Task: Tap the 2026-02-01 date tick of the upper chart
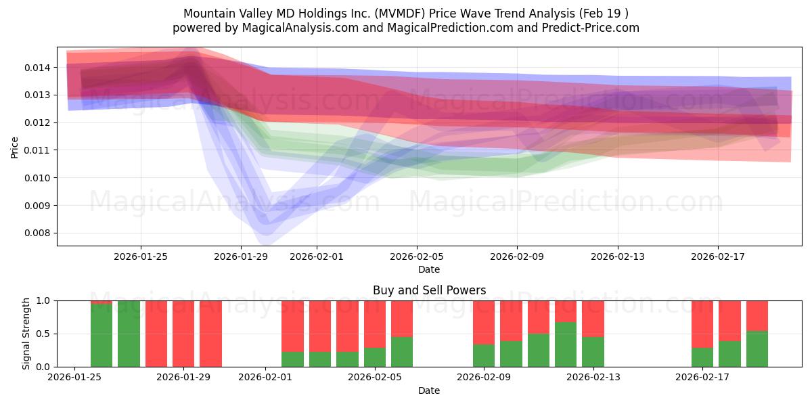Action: click(316, 256)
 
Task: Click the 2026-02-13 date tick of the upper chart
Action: click(617, 256)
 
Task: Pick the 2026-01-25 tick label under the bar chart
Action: click(74, 378)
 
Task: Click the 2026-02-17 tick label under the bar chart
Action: click(702, 378)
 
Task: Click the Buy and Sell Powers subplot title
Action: click(429, 290)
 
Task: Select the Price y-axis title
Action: click(15, 146)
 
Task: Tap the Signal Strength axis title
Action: click(27, 334)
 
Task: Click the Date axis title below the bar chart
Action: click(429, 390)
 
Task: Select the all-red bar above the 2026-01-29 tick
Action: click(183, 334)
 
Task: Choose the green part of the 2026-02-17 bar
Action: click(702, 357)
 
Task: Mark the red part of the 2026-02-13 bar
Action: click(593, 319)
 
